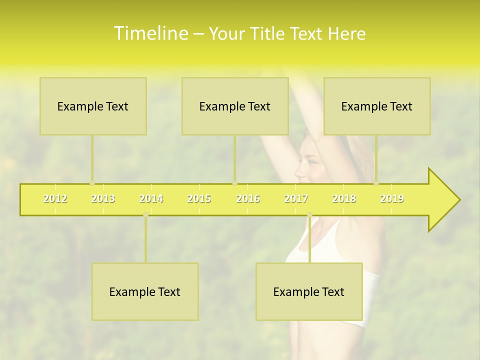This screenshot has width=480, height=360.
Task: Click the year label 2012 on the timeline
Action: [x=55, y=198]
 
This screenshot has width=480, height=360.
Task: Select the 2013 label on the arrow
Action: [x=103, y=198]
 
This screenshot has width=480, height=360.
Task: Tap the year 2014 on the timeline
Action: [x=151, y=198]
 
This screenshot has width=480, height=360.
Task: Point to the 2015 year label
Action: [x=199, y=198]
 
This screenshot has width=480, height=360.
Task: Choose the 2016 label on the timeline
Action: [x=248, y=198]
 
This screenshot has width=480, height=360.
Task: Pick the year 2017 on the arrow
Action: [x=296, y=198]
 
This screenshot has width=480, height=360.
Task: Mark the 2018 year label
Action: [x=344, y=198]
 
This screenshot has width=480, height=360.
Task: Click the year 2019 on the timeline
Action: [x=392, y=198]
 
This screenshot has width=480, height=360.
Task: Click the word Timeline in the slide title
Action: [x=150, y=33]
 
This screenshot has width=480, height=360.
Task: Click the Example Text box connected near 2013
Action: [x=93, y=106]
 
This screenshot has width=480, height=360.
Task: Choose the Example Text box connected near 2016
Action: [x=235, y=106]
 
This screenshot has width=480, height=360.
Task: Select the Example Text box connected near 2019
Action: [x=377, y=106]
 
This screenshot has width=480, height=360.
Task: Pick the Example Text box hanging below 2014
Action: [x=145, y=291]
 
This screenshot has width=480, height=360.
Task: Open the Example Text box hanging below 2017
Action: [x=309, y=291]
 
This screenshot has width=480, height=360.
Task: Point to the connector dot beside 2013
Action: [x=92, y=183]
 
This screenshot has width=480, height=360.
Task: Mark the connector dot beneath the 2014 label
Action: [x=145, y=215]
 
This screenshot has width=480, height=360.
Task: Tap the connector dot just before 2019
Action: [x=376, y=183]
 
